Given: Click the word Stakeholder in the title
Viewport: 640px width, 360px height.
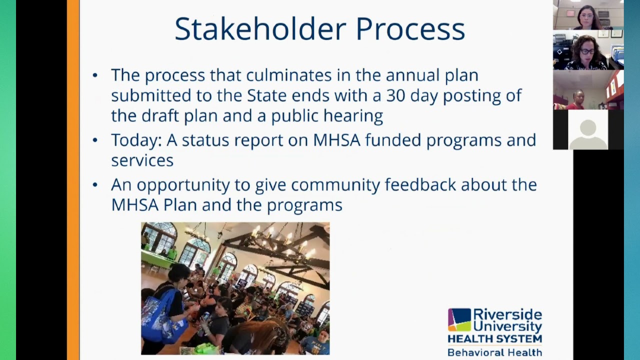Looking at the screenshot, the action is point(260,29).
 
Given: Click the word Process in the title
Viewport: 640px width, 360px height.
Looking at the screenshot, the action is point(410,29).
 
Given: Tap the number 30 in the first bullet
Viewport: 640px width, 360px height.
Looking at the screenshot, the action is point(395,95).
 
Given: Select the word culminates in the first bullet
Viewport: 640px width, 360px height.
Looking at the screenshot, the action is point(289,75).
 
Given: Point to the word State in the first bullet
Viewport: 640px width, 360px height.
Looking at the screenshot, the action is point(266,95).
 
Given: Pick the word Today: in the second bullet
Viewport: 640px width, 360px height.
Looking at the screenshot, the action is point(136,140).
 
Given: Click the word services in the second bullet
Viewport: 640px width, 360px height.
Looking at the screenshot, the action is point(142,160).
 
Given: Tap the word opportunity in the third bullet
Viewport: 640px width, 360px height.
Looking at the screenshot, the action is point(183,185).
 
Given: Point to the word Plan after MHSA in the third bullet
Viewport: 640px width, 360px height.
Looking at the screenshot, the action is point(180,204).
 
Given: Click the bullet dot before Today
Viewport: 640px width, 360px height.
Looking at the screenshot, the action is point(95,140).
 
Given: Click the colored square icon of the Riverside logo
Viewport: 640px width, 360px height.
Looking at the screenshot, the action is point(459,320).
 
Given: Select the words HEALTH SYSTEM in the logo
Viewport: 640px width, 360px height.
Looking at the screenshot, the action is point(494,339).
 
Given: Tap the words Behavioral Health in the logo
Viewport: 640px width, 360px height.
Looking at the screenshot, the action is point(494,352).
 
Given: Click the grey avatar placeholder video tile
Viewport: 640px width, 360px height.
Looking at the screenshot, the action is point(588,129).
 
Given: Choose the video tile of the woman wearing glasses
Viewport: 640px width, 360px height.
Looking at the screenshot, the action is point(588,50).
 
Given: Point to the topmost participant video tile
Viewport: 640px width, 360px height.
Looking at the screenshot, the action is point(588,14).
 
